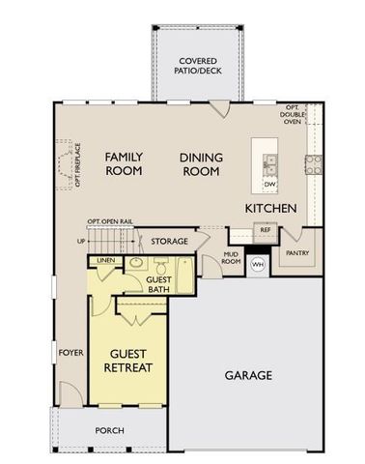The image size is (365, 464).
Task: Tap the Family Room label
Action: tap(124, 163)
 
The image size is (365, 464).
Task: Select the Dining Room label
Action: tap(201, 163)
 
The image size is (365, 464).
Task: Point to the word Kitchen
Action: tap(270, 209)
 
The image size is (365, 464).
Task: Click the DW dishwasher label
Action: tap(271, 184)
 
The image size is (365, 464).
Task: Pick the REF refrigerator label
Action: tap(266, 231)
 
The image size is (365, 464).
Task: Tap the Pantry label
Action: tap(297, 253)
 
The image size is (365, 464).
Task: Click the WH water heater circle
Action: tap(258, 264)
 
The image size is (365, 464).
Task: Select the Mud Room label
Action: tap(232, 257)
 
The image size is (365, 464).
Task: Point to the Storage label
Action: tap(169, 242)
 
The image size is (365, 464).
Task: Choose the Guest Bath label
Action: tap(159, 283)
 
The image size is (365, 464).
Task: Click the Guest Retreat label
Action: tap(128, 361)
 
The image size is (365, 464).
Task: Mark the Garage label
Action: tap(248, 375)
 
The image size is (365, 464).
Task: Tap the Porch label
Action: tap(109, 430)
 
